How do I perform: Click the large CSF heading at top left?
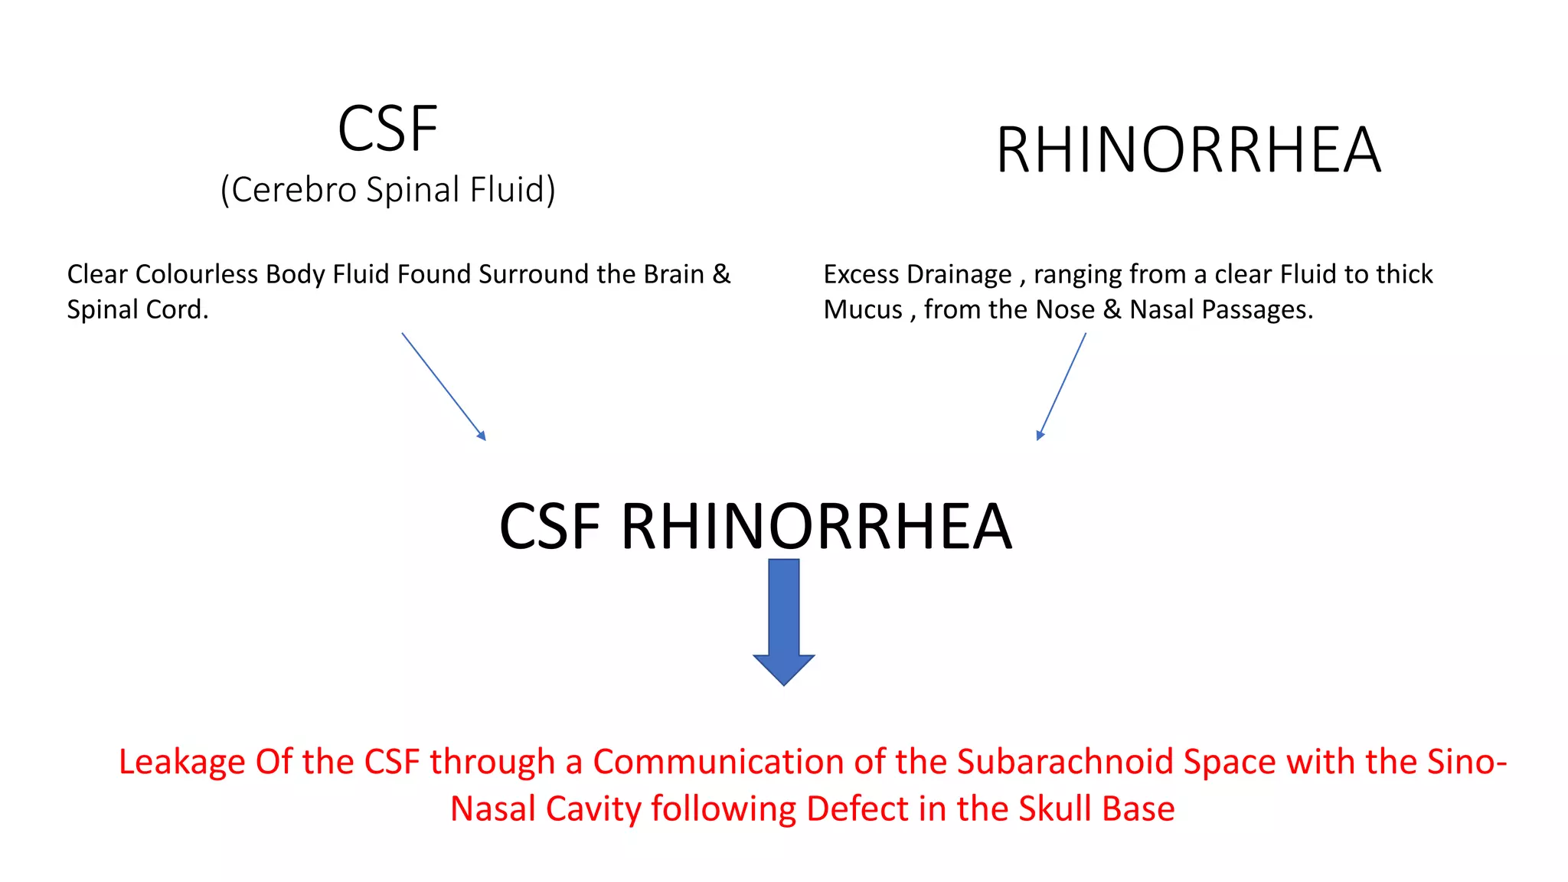tap(387, 129)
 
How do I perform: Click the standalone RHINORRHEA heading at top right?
tap(1188, 150)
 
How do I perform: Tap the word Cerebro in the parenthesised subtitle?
tap(294, 190)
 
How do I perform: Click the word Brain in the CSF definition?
tap(674, 274)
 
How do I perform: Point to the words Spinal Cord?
tap(137, 309)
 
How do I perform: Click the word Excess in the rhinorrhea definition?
tap(861, 274)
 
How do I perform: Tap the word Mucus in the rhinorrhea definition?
tap(863, 309)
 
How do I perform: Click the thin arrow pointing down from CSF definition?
tap(444, 386)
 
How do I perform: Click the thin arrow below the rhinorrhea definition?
tap(1061, 386)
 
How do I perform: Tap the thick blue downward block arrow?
tap(783, 620)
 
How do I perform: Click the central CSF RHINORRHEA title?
tap(756, 527)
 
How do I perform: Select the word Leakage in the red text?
tap(182, 763)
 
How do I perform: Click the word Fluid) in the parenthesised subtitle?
tap(512, 190)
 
